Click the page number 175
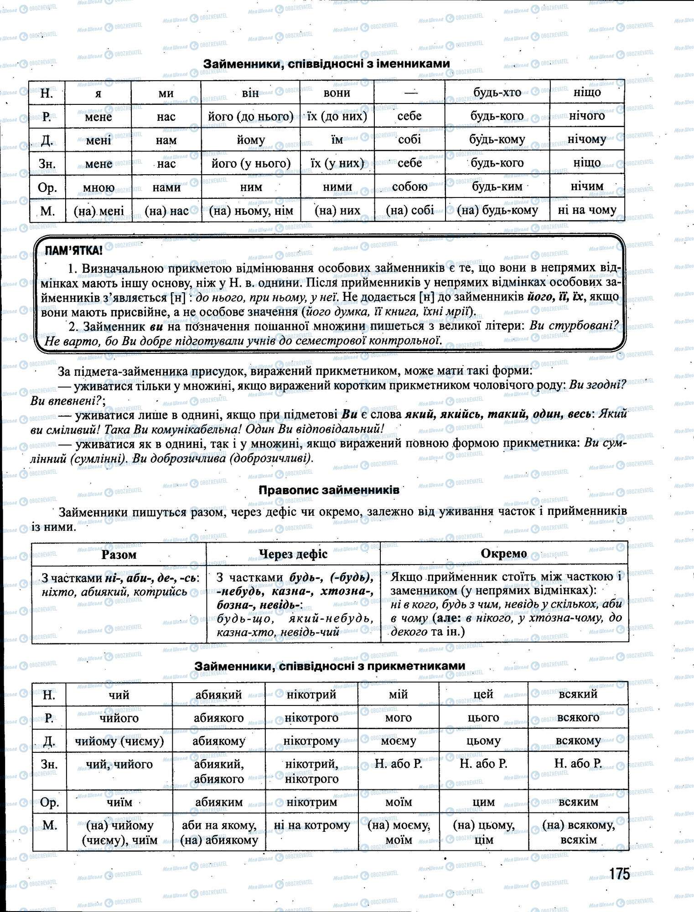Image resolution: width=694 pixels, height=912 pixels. (619, 874)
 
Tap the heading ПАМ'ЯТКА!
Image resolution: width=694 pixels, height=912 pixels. (73, 250)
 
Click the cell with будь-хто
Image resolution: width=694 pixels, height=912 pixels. (497, 93)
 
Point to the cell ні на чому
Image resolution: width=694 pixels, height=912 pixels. (587, 210)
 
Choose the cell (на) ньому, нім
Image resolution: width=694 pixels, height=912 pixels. (251, 211)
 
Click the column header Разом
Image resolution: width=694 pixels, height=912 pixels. (119, 554)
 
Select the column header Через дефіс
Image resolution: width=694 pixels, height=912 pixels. (293, 554)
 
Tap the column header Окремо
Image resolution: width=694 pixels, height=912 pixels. (504, 554)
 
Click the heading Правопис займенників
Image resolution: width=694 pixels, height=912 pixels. (329, 490)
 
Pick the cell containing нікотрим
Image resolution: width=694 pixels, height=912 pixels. (311, 802)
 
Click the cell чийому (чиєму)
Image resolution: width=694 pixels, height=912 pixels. (119, 741)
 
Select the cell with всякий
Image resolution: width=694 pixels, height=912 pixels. (578, 694)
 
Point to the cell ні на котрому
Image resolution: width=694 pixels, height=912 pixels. (311, 825)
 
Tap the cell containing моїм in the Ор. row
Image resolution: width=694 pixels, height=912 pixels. (398, 802)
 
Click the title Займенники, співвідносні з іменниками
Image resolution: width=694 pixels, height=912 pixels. (326, 64)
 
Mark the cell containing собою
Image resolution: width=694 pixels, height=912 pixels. (409, 187)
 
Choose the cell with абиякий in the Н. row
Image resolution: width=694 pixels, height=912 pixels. (218, 694)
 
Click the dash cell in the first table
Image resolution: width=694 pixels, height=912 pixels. (409, 93)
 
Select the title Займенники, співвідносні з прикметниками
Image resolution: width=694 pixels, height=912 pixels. (330, 666)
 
